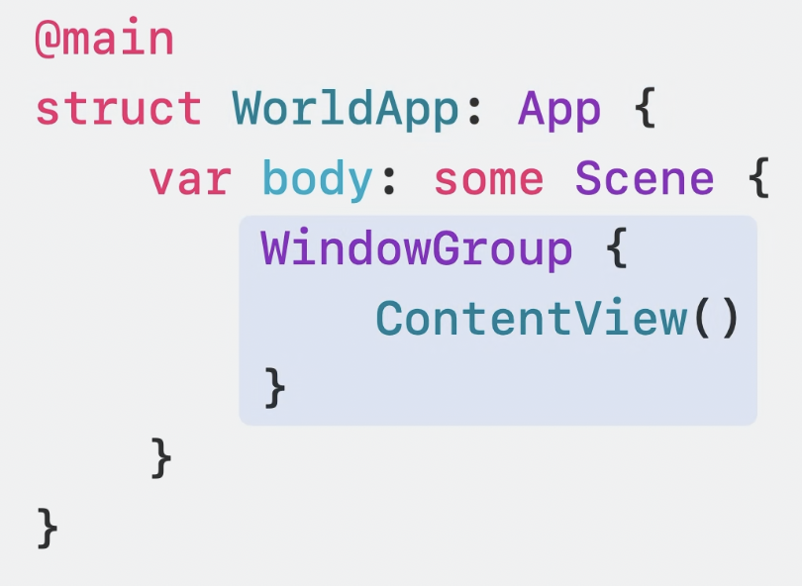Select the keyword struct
coord(119,109)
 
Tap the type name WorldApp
coord(346,109)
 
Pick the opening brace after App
coord(645,109)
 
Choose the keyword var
coord(190,179)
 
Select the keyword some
coord(489,179)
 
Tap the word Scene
coord(645,179)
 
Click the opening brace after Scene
coord(758,179)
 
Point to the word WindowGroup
coord(417,249)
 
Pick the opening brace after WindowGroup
coord(615,249)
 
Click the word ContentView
coord(531,319)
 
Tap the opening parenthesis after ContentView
coord(701,320)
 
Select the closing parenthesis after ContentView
coord(729,320)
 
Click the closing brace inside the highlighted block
coord(274,388)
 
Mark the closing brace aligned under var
coord(161,458)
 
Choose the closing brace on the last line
coord(48,528)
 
